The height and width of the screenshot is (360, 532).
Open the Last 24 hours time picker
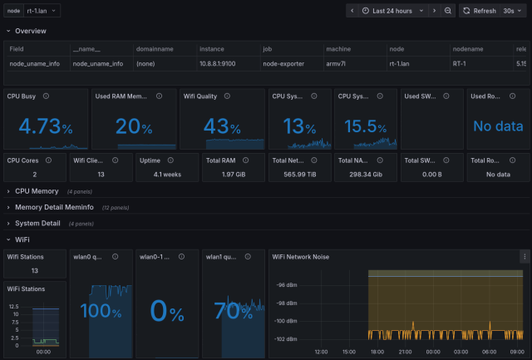pyautogui.click(x=392, y=11)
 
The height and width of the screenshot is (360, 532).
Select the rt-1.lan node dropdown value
pyautogui.click(x=42, y=11)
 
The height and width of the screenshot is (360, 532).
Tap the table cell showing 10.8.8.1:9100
pyautogui.click(x=217, y=63)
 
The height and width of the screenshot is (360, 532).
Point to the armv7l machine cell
pyautogui.click(x=337, y=63)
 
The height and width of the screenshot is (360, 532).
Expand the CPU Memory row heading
pyautogui.click(x=37, y=191)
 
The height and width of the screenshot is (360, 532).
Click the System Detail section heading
pyautogui.click(x=37, y=223)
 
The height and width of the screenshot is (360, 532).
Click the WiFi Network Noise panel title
pyautogui.click(x=301, y=256)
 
